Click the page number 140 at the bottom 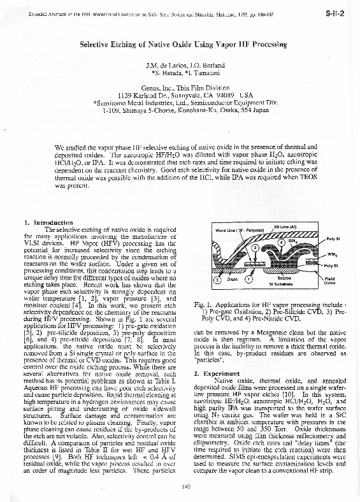(x=186, y=487)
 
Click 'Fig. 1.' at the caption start (x=204, y=305)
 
